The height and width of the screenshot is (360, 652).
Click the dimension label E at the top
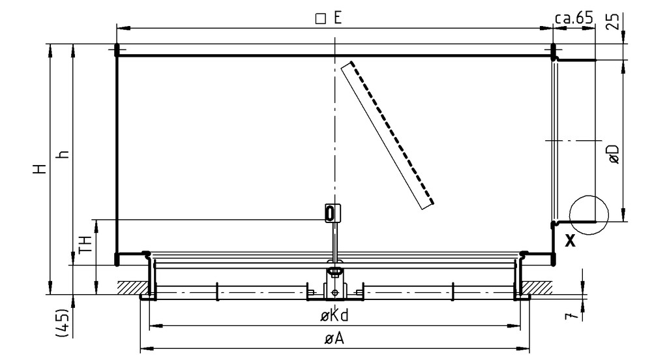pyautogui.click(x=337, y=18)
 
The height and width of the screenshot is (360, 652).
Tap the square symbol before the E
pyautogui.click(x=321, y=19)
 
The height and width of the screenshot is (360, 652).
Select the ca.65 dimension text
pyautogui.click(x=574, y=18)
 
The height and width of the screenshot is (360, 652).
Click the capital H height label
pyautogui.click(x=40, y=169)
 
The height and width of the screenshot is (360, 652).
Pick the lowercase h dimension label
pyautogui.click(x=63, y=154)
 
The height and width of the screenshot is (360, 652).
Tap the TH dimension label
pyautogui.click(x=85, y=244)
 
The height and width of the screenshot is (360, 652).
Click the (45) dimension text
pyautogui.click(x=62, y=322)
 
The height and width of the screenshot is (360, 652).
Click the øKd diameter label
pyautogui.click(x=334, y=316)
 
